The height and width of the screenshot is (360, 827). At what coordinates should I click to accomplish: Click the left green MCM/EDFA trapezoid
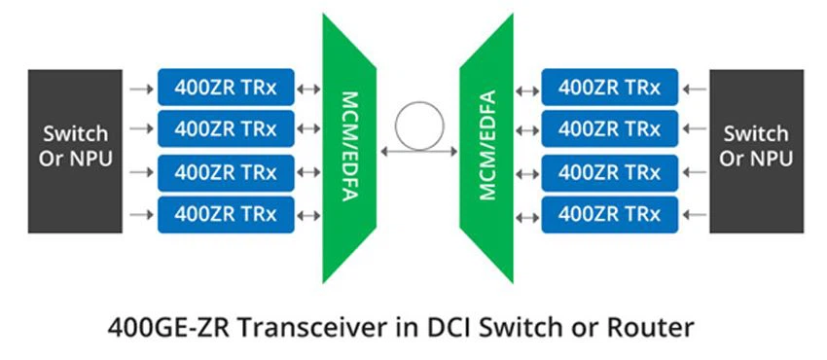point(347,146)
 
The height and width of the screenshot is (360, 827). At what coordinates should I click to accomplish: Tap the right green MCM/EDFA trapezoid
point(485,146)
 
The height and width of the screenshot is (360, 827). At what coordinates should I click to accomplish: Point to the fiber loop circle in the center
point(416,126)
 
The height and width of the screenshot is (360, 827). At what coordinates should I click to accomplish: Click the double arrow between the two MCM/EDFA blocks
point(416,151)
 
